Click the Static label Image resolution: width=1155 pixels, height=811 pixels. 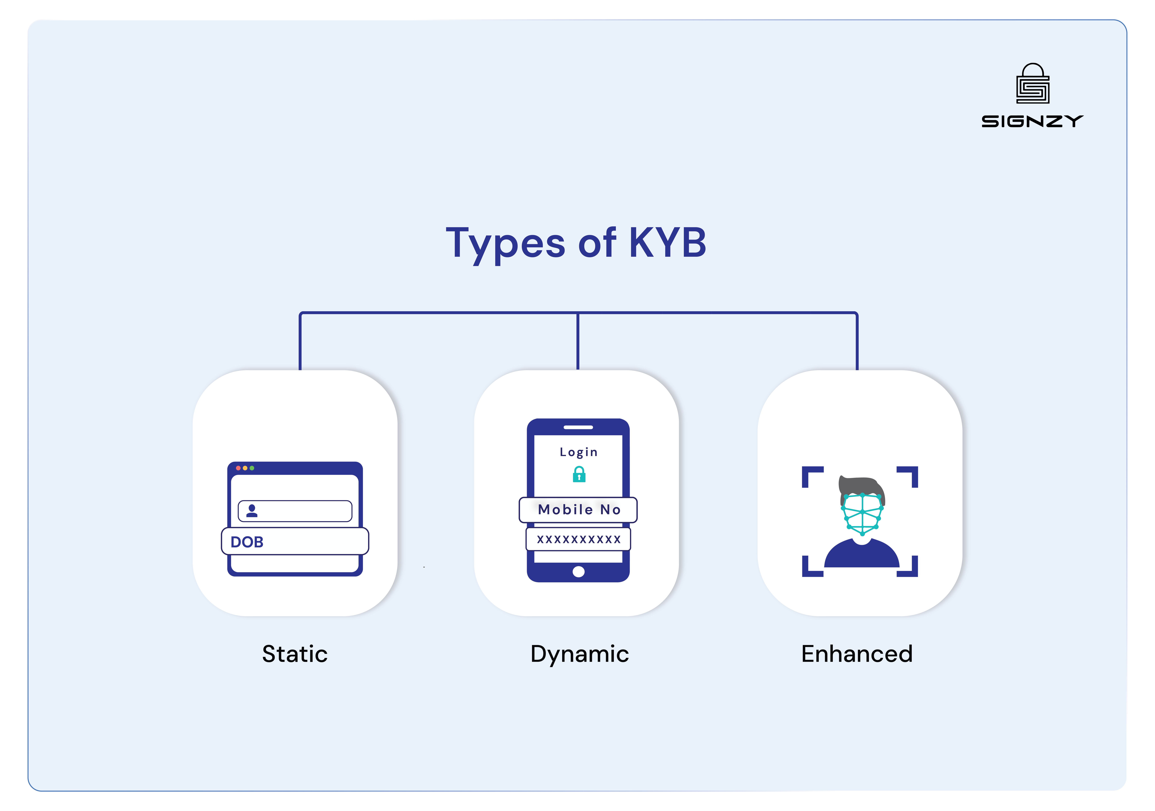tap(295, 654)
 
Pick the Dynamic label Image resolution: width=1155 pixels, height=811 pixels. tap(579, 654)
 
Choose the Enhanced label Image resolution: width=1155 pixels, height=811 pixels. tap(857, 654)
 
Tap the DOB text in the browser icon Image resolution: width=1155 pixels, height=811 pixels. tap(247, 542)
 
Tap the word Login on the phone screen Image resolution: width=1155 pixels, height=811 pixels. tap(578, 452)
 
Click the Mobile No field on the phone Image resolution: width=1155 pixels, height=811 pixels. tap(578, 510)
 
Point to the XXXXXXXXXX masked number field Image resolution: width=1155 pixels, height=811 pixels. tap(578, 539)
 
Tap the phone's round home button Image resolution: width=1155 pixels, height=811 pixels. tap(578, 571)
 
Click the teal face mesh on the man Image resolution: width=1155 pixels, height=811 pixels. tap(862, 513)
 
